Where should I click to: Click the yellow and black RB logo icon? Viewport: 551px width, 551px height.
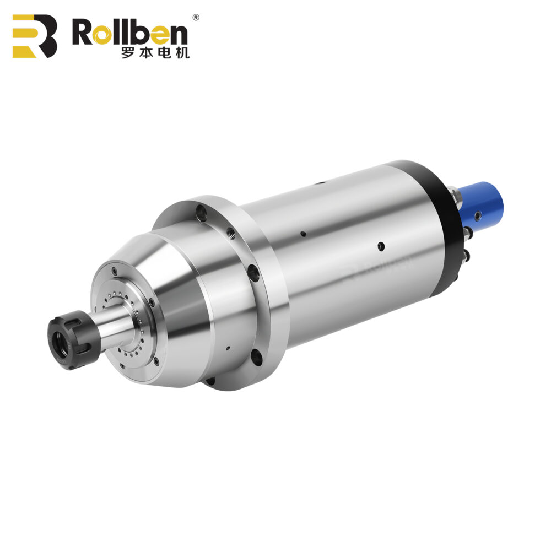35,36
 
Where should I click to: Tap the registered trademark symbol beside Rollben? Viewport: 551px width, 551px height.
195,17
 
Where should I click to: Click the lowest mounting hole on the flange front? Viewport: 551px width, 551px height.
256,358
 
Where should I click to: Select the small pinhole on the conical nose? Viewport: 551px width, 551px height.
226,348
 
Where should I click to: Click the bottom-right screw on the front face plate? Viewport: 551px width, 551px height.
156,361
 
